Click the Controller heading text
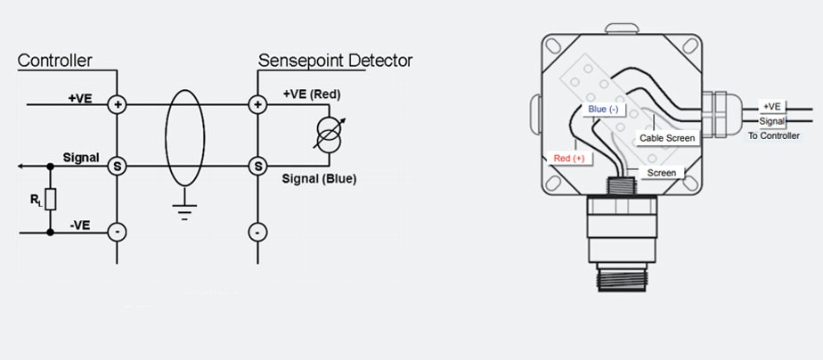[55, 61]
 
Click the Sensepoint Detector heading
[335, 61]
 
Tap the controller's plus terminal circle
[118, 104]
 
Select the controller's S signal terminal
[118, 166]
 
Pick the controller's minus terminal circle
[118, 232]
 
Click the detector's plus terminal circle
[257, 104]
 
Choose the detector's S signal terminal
[257, 166]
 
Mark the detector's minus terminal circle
[257, 232]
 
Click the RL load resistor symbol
[51, 199]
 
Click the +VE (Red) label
[312, 94]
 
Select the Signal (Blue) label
[319, 179]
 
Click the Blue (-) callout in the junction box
[603, 110]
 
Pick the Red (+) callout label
[569, 158]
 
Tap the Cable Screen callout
[667, 138]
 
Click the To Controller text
[773, 135]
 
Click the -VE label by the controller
[78, 225]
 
